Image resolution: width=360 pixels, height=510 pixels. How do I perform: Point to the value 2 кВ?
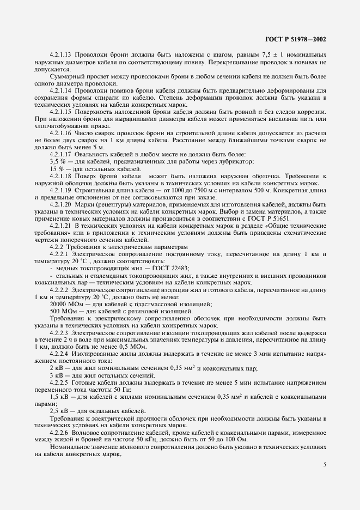[x=57, y=368]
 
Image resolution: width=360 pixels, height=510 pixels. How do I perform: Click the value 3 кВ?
[x=57, y=375]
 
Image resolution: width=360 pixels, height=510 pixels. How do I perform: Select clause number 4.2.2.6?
[x=60, y=433]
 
